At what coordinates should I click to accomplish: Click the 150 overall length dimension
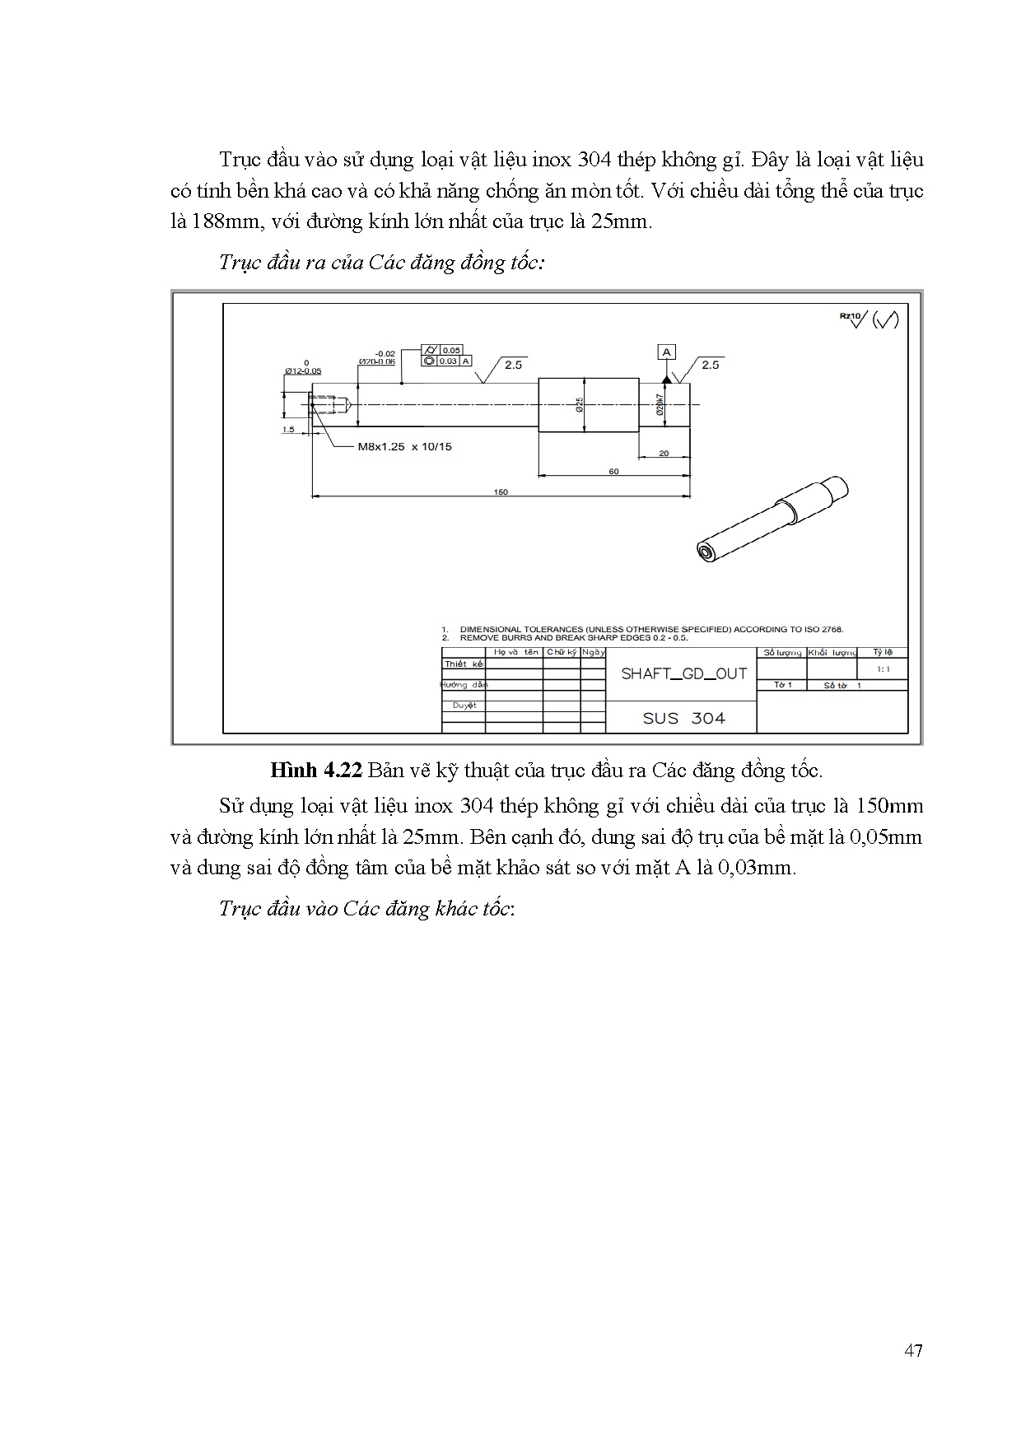point(501,491)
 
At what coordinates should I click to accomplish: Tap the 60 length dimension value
point(613,471)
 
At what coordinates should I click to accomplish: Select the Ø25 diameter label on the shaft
point(580,403)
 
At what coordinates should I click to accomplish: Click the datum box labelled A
point(666,352)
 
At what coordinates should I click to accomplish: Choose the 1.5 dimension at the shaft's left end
point(288,429)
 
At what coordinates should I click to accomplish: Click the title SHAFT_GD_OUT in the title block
point(683,673)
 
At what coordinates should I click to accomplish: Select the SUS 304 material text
point(683,718)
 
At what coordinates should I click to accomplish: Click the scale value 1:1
point(883,669)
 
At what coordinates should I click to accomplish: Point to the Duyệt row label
point(464,706)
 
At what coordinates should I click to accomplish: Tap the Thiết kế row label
point(464,664)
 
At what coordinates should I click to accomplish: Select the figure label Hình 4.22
point(316,771)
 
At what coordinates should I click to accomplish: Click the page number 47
point(912,1351)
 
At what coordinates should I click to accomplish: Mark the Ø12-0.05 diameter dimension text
point(303,370)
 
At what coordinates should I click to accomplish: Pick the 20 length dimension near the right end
point(664,453)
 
